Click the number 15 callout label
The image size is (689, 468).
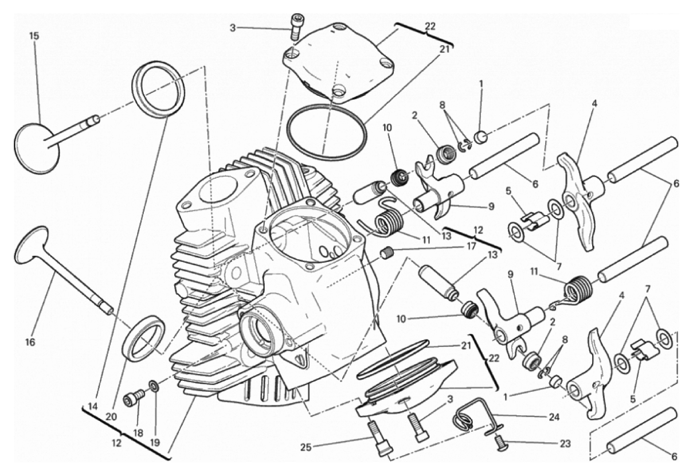34,36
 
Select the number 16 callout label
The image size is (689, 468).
31,342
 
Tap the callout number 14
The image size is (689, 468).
93,407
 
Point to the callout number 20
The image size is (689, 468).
111,417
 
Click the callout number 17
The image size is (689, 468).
471,246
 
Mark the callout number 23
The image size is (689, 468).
565,443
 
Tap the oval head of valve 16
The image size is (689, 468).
31,245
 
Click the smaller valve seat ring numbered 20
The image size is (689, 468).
144,338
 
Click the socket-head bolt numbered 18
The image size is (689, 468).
134,399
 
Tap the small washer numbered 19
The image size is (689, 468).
154,387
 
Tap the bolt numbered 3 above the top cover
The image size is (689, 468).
296,27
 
